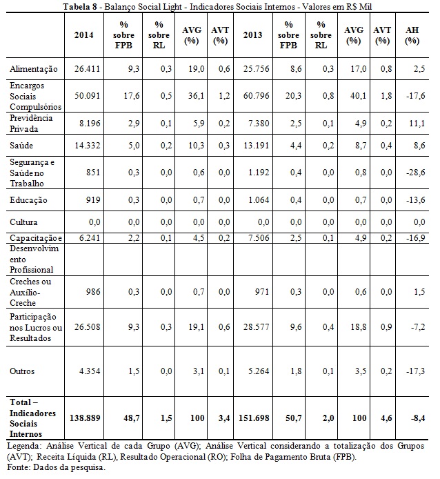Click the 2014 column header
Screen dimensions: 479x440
(x=83, y=35)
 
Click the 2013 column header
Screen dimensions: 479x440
(x=252, y=35)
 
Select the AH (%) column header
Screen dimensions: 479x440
(x=412, y=35)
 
